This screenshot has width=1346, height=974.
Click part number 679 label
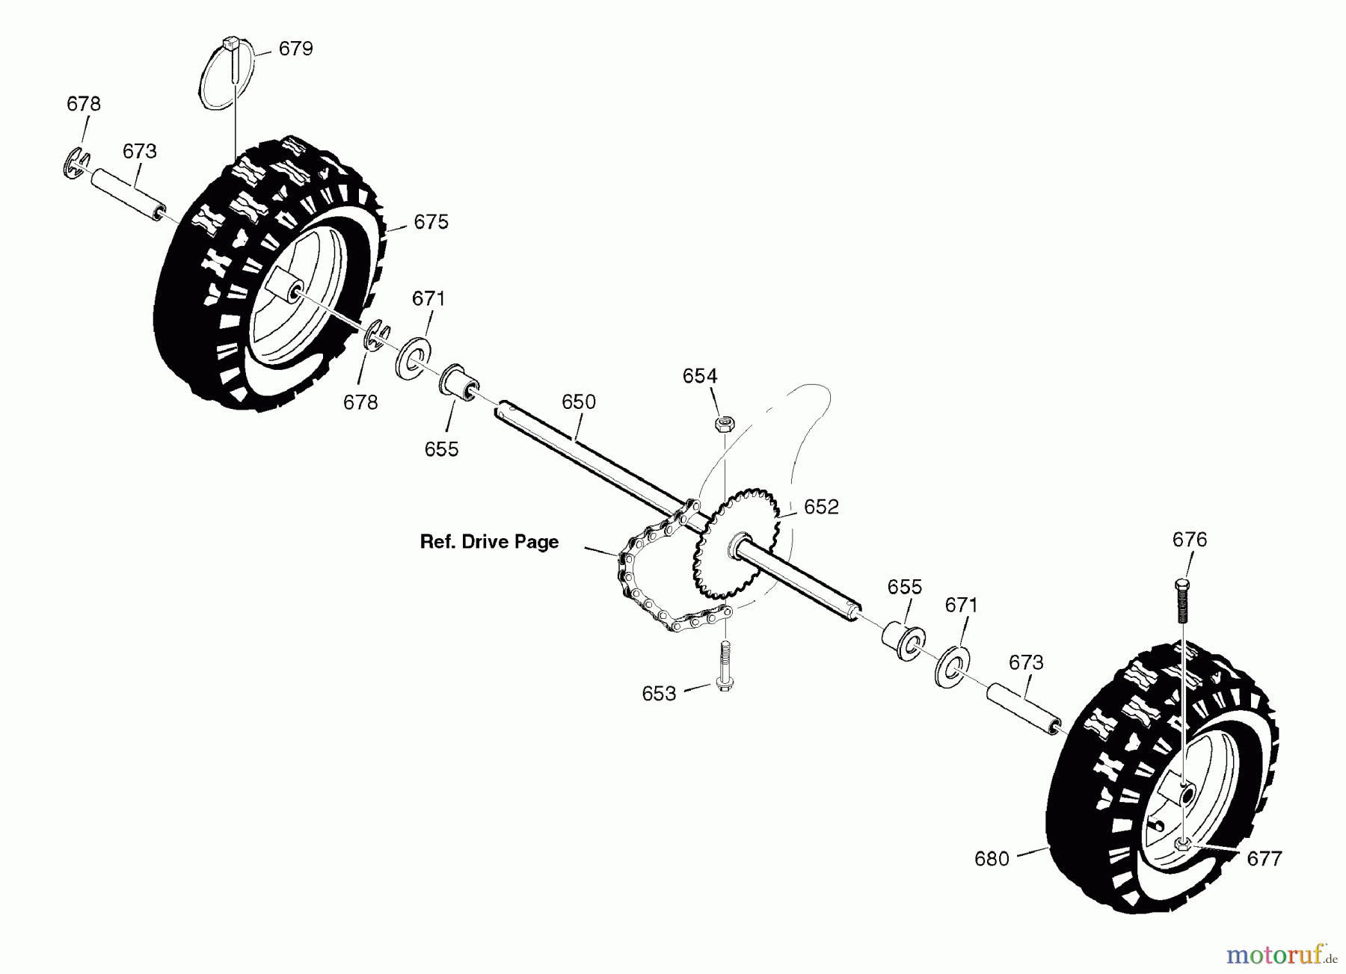(x=295, y=49)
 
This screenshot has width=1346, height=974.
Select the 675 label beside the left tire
(x=431, y=222)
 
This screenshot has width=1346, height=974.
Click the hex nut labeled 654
(x=724, y=424)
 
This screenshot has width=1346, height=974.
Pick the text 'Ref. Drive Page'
(x=489, y=542)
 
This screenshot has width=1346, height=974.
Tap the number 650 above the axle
(x=579, y=402)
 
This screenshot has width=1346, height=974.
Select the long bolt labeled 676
(x=1182, y=600)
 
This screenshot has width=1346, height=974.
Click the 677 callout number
(x=1264, y=859)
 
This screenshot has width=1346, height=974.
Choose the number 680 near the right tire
(x=992, y=860)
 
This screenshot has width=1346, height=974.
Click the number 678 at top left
(x=84, y=104)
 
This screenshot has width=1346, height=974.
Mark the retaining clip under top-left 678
(x=76, y=164)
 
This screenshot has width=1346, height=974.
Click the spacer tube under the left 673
(x=128, y=194)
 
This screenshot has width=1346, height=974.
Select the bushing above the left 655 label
(x=458, y=383)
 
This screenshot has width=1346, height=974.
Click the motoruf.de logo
(x=1281, y=955)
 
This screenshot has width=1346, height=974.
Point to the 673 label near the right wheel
(x=1026, y=663)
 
